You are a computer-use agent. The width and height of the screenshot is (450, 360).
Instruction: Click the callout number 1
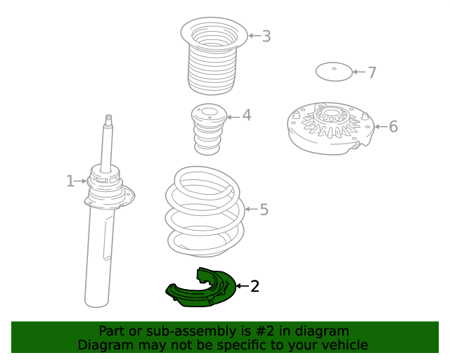point(70,181)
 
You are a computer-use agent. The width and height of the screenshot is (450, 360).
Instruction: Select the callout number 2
point(255,286)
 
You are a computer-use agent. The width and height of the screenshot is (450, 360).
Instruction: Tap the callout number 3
point(266,36)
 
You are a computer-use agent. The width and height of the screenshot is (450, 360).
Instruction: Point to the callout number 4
point(247,115)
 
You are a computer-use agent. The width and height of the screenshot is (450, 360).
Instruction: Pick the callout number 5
point(264,210)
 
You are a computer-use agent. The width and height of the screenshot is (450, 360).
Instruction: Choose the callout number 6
point(394,127)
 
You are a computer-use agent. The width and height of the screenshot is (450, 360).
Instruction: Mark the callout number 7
point(372,72)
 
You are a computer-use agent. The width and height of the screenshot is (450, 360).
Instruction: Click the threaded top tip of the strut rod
point(108,117)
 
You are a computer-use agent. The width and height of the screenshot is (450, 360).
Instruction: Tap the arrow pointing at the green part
point(242,286)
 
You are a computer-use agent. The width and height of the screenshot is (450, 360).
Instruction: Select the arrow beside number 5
point(252,209)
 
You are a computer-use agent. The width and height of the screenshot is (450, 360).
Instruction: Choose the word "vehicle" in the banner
point(348,345)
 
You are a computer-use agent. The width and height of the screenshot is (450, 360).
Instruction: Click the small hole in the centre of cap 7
point(334,69)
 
